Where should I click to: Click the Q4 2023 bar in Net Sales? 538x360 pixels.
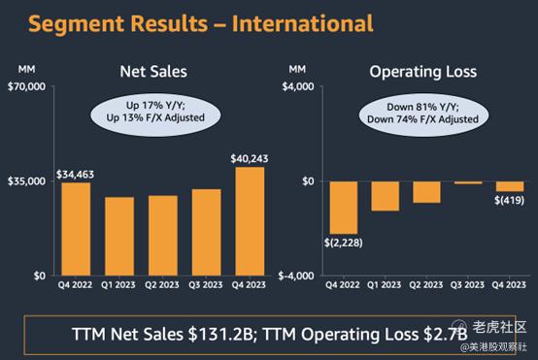pos(250,221)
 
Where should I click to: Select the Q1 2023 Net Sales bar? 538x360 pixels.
pos(119,236)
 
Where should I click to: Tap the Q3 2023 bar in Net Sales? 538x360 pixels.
pos(207,232)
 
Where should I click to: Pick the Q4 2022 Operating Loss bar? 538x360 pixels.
pos(344,208)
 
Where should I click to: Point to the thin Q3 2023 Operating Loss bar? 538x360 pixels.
pos(468,182)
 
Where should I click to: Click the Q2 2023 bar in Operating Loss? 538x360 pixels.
pos(426,192)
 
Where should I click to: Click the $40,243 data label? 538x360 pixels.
pos(250,159)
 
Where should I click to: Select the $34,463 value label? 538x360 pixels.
pos(75,175)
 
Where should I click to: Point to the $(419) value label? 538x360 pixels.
pos(509,200)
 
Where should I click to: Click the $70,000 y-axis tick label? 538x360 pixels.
pos(27,86)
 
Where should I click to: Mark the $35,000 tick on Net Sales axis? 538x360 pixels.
pos(27,181)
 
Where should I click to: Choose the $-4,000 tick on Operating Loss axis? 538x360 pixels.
pos(296,276)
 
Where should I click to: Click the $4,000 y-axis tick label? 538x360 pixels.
pos(298,86)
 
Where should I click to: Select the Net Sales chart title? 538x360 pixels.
pos(153,72)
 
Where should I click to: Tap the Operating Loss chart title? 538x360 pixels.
pos(423,72)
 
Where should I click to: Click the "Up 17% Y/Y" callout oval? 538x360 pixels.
pos(155,115)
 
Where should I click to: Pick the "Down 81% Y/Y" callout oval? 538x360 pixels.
pos(423,115)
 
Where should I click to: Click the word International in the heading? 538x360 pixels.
pos(302,23)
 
